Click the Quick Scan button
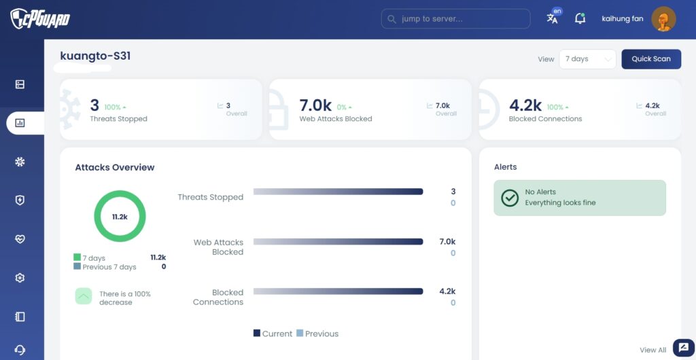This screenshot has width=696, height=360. pos(651,59)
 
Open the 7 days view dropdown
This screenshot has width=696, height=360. pos(588,59)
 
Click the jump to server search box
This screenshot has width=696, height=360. pos(456,19)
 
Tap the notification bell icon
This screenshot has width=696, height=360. pos(580,18)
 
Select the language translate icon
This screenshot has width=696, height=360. pos(552,18)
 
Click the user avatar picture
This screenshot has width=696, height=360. pos(663,19)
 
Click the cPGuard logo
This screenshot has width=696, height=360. pos(40,18)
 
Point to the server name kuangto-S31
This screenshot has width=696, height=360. pos(95,56)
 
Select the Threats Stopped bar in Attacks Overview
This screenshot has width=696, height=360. pos(338,192)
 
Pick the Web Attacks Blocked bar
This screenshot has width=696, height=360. pos(338,242)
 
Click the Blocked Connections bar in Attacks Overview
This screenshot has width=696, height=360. pos(338,291)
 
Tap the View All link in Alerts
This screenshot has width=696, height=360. pos(653,350)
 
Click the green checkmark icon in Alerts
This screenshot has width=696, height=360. pos(510,198)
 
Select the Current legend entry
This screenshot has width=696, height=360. pos(273,334)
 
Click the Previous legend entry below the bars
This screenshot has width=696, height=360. pos(317,334)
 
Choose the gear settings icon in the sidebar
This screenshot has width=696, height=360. pos(20,278)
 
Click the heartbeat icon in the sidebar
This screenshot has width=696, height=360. pos(20,239)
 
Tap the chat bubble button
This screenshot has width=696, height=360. pos(684,348)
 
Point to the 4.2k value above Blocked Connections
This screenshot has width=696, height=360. pos(525,105)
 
